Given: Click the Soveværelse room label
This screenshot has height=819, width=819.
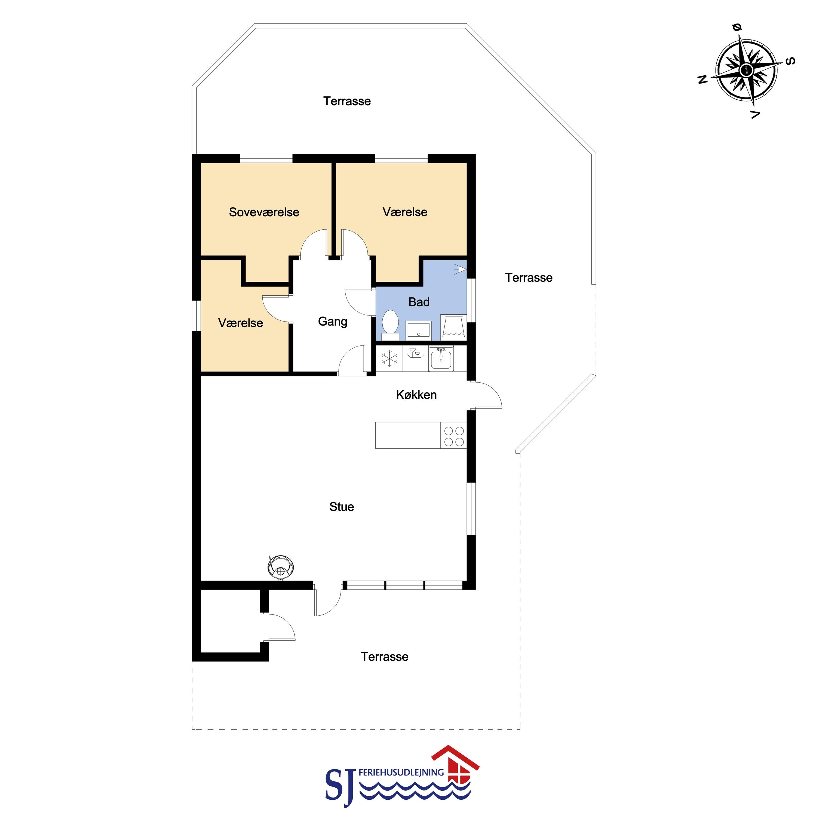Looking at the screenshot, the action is coord(264,212).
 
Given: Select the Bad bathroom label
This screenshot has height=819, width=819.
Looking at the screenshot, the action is coord(419,302).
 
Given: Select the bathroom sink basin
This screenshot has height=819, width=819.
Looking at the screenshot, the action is coord(418,330).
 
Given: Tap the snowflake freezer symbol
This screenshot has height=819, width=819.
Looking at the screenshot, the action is coord(389,358).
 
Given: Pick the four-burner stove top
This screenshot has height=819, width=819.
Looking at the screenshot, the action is coord(453,437).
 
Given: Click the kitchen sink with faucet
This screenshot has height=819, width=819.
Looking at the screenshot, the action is coord(441,358).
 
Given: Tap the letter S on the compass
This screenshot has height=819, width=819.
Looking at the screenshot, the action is coord(790,61).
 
